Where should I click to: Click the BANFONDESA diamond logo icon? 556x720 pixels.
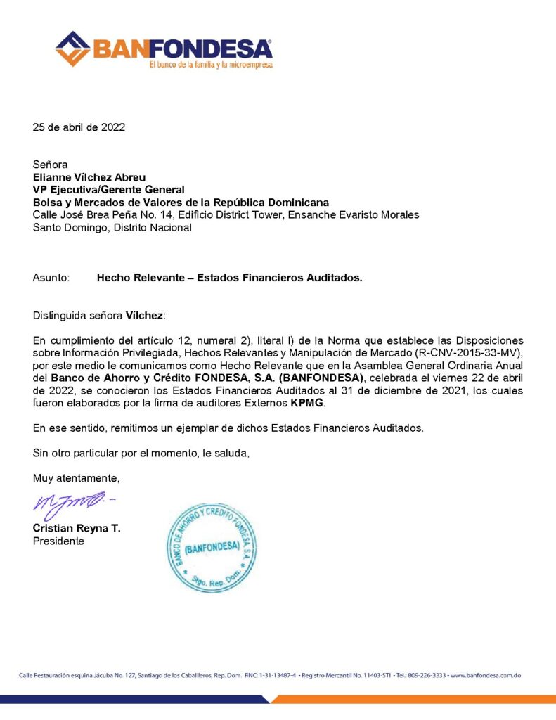pos(72,48)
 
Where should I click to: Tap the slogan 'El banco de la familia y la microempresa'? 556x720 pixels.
pos(210,65)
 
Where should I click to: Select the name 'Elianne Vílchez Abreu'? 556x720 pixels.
pos(89,178)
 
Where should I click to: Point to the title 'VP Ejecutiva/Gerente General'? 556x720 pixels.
pos(109,190)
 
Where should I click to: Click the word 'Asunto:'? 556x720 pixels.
pos(51,278)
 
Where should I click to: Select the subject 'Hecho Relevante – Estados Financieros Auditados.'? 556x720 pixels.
pos(229,278)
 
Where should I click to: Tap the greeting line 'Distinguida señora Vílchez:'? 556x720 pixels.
pos(98,316)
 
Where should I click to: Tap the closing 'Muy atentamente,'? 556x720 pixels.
pos(77,478)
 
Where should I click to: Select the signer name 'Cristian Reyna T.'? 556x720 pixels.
pos(76,529)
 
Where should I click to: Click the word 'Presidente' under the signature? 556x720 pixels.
pos(58,541)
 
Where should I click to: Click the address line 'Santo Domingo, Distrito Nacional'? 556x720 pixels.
pos(112,227)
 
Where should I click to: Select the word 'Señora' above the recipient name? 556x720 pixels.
pos(50,165)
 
